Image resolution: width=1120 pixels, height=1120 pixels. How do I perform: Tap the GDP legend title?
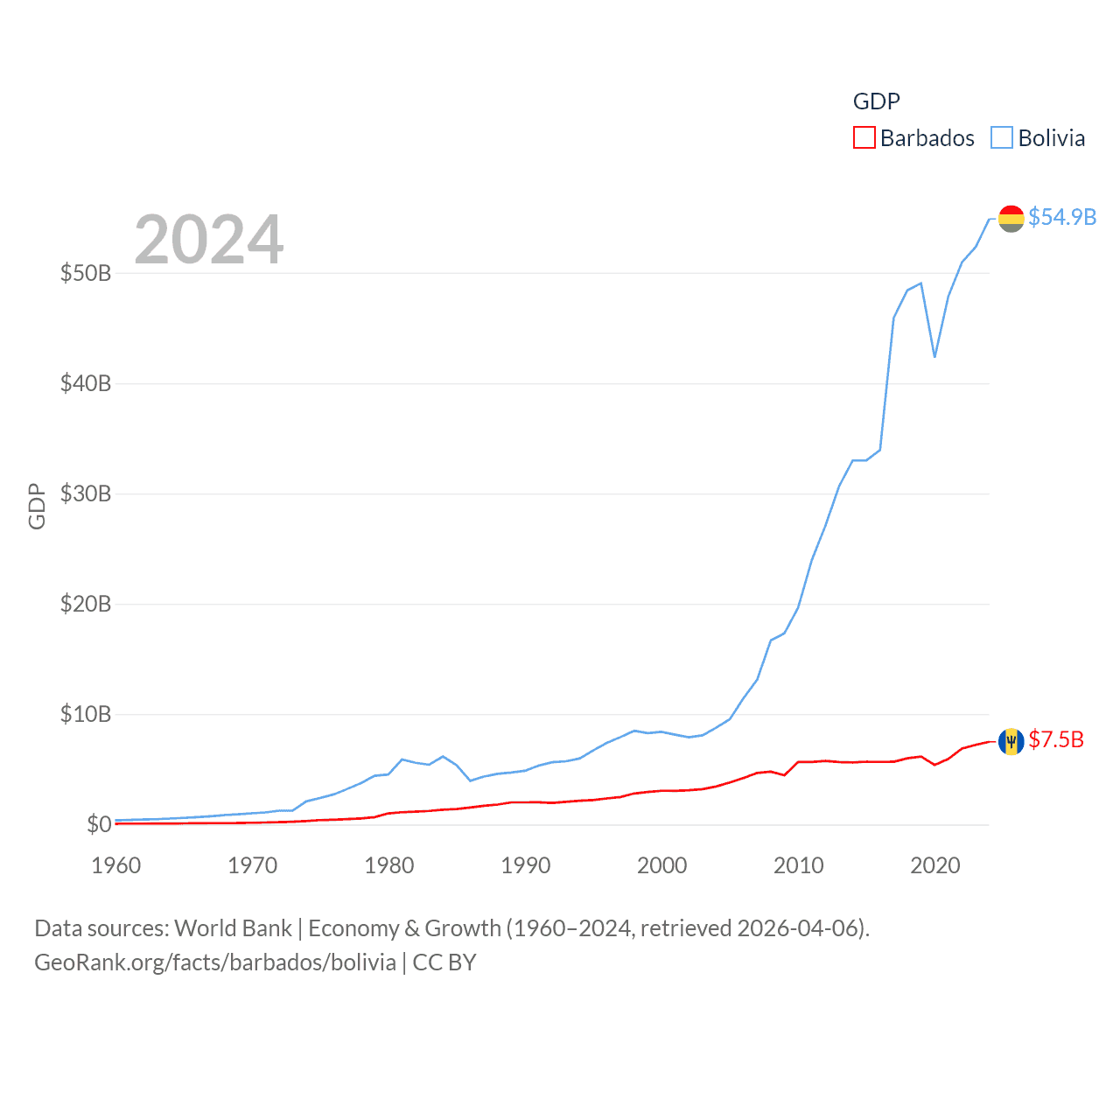[x=876, y=101]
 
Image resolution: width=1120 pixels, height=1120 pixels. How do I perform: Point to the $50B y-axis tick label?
[x=86, y=273]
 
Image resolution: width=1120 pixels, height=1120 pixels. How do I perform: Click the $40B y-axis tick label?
[x=86, y=383]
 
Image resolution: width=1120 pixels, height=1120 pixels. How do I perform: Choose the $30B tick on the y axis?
[x=86, y=493]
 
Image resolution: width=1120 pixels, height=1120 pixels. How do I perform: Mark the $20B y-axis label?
[x=86, y=604]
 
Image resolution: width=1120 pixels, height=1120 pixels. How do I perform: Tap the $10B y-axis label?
[x=86, y=714]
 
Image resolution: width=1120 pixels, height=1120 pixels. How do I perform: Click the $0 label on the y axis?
[x=99, y=824]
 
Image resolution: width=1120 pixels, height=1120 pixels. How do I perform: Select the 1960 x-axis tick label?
[x=116, y=865]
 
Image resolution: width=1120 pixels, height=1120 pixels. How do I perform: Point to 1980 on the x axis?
[x=389, y=865]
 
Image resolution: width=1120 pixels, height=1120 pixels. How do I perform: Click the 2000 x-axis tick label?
[x=662, y=865]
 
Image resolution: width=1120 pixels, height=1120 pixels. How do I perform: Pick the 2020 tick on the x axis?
[x=935, y=865]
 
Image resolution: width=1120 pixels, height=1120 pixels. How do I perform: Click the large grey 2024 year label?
[x=209, y=239]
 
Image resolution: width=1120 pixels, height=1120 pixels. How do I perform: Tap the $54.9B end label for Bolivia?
[x=1062, y=217]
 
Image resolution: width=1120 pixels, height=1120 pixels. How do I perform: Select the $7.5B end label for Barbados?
[x=1056, y=740]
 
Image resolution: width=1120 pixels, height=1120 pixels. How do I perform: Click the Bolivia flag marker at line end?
[x=1011, y=219]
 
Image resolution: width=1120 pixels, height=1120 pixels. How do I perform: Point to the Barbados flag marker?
[x=1011, y=742]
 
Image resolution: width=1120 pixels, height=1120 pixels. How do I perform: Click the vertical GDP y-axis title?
[x=37, y=506]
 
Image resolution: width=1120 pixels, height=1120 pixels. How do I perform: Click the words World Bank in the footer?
[x=233, y=927]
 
